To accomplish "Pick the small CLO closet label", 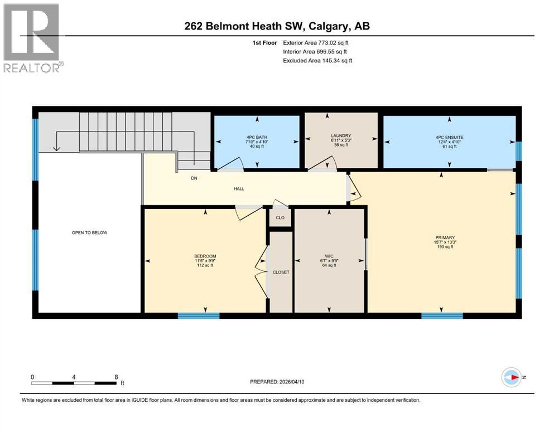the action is coord(280,218).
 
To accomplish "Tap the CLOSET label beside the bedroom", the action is coord(281,273).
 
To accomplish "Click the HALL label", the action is coord(239,189).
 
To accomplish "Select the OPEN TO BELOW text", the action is coord(89,232).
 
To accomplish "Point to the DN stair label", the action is coord(194,178).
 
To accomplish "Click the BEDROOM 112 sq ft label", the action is coord(205,261).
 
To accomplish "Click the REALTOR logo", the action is coord(32,38).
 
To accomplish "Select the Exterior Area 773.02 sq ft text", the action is coord(316,43).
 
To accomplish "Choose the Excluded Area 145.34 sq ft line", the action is coord(317,60).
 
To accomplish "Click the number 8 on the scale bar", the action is coord(116,377).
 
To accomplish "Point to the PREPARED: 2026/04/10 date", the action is coord(277,382).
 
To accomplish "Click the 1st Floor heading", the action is coord(264,43).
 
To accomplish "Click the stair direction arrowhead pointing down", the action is coord(56,148).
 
